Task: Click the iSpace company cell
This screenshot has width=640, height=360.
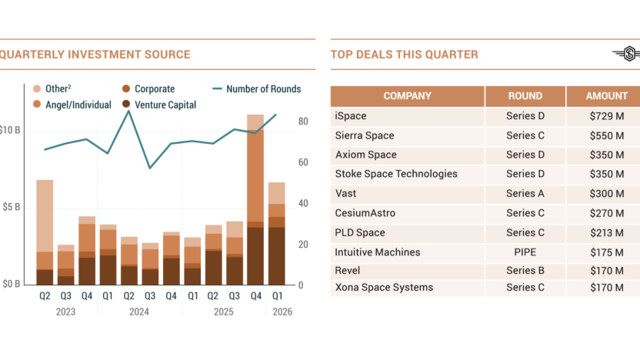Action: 351,116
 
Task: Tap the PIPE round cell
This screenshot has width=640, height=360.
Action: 525,252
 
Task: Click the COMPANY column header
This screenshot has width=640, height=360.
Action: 407,96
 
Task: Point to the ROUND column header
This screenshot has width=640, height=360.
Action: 525,96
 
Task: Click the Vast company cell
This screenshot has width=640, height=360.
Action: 346,194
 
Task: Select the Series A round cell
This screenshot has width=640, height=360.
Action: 525,194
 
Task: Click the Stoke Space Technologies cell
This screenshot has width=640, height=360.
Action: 396,174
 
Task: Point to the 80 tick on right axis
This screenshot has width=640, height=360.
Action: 302,122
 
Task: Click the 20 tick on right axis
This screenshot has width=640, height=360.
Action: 302,245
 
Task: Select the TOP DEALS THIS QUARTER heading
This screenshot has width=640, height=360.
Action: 404,55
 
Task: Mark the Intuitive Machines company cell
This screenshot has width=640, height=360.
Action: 377,252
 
